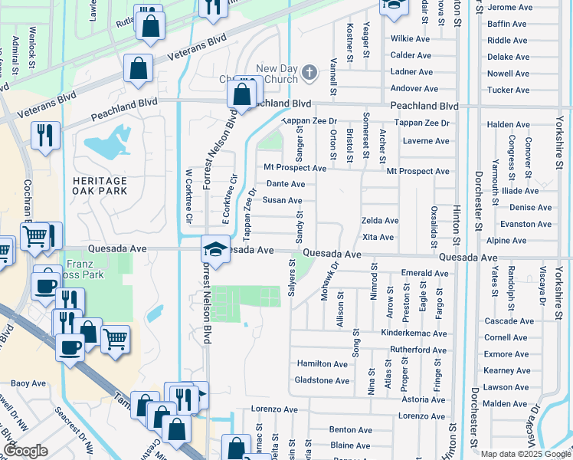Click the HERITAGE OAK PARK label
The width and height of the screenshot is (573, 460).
[100, 185]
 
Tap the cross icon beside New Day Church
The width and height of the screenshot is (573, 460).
[309, 73]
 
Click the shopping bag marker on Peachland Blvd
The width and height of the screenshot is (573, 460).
[241, 96]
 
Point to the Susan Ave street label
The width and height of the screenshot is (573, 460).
[283, 200]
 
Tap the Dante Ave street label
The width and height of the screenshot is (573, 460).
[285, 184]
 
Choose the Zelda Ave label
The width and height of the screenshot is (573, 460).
[380, 221]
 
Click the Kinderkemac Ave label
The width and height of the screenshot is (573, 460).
[414, 333]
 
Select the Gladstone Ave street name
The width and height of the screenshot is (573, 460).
[322, 380]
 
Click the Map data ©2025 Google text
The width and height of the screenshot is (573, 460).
[526, 454]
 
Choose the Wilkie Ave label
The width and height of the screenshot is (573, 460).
[411, 38]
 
